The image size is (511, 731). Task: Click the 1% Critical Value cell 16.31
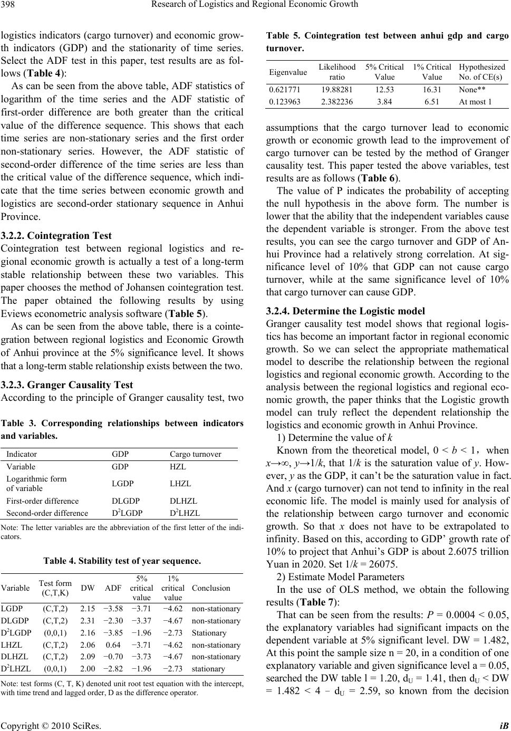[x=432, y=90]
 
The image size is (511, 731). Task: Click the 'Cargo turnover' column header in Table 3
[x=195, y=454]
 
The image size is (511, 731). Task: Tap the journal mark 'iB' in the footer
[x=504, y=725]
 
